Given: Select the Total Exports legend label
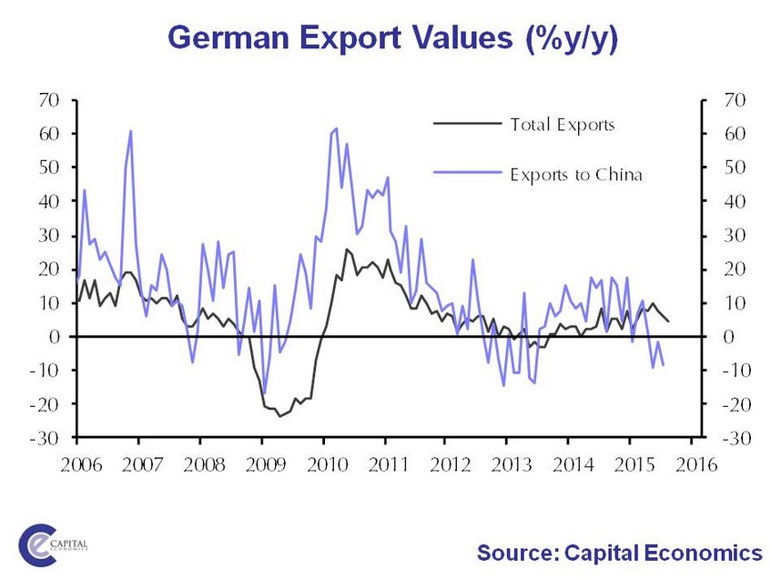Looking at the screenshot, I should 563,124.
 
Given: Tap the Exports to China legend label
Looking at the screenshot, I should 576,174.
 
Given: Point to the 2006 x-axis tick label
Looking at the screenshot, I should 78,467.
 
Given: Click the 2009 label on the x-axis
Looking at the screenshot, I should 262,467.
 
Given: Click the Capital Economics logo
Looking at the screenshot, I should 56,543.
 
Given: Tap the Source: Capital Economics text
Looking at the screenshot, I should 619,552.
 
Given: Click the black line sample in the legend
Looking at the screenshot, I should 466,124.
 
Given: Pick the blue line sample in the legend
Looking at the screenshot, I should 466,174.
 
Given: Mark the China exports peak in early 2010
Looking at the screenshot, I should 336,128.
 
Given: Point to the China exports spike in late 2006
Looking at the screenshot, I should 130,131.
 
